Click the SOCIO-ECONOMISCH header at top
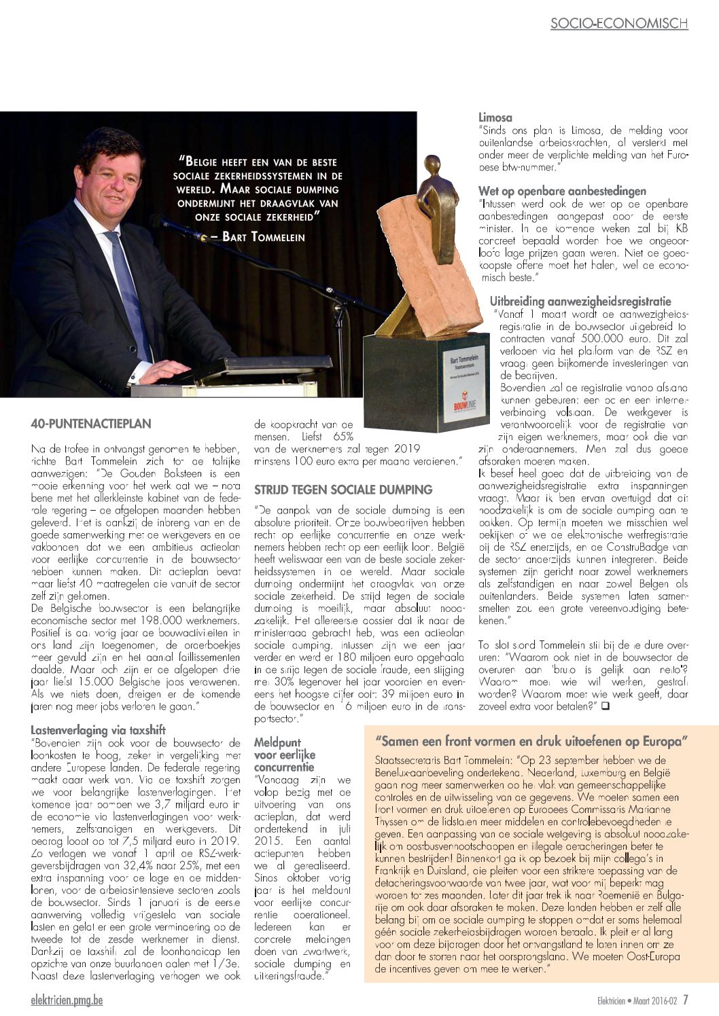pyautogui.click(x=618, y=23)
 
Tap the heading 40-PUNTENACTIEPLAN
pyautogui.click(x=90, y=424)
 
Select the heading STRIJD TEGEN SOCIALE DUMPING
pyautogui.click(x=343, y=490)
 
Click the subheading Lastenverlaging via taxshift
pyautogui.click(x=98, y=730)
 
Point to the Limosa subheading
pyautogui.click(x=495, y=117)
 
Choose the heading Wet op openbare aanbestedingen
pyautogui.click(x=562, y=191)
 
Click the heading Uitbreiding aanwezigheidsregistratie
pyautogui.click(x=580, y=301)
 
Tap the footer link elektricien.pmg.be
pyautogui.click(x=67, y=1000)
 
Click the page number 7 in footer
pyautogui.click(x=686, y=1000)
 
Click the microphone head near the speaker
pyautogui.click(x=160, y=221)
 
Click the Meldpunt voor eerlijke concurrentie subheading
pyautogui.click(x=284, y=755)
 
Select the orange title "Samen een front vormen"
pyautogui.click(x=531, y=740)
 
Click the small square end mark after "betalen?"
pyautogui.click(x=605, y=706)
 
